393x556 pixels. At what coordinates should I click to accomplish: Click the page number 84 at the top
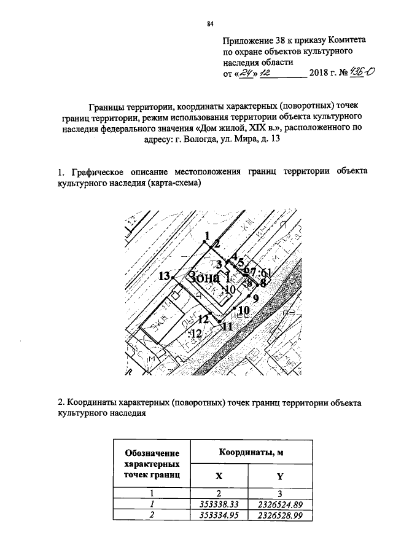click(x=209, y=24)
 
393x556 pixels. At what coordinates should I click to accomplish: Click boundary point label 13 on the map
click(x=163, y=276)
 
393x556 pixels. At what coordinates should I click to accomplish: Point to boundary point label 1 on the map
click(x=208, y=236)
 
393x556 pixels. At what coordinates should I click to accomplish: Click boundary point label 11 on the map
click(x=227, y=327)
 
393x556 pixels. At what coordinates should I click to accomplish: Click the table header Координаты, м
click(x=251, y=453)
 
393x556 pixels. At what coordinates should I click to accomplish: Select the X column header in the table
click(x=219, y=477)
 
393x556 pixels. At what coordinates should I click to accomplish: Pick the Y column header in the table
click(x=279, y=477)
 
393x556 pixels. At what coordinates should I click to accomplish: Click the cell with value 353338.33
click(x=219, y=504)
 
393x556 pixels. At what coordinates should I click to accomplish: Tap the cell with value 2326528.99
click(x=279, y=515)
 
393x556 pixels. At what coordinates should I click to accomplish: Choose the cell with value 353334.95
click(x=219, y=515)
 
